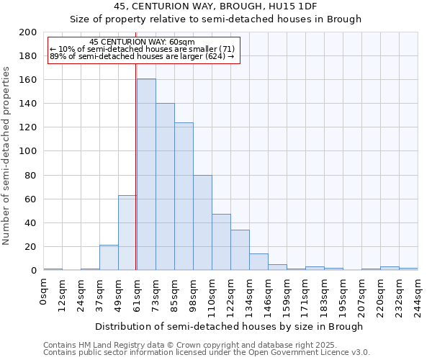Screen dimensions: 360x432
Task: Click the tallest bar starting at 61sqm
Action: tap(146, 174)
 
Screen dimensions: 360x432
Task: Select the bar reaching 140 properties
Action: tap(165, 186)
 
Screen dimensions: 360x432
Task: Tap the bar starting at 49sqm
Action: tap(127, 233)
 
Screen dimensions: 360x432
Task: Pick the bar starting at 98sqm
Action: tap(202, 222)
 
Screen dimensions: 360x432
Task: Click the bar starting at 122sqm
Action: tap(240, 250)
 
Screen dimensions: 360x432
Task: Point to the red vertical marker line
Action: tap(136, 166)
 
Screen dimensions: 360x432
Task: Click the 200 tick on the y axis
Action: tap(28, 32)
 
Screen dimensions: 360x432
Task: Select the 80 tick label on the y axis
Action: tap(31, 175)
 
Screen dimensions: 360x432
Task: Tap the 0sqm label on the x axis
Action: tap(44, 290)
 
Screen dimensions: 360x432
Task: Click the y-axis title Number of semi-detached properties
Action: tap(7, 156)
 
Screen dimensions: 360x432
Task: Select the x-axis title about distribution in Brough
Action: tap(229, 326)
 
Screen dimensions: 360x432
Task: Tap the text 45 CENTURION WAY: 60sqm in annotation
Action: tap(137, 42)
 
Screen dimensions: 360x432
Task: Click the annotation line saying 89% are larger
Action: tap(142, 56)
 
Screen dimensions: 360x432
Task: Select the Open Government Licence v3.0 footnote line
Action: tap(206, 352)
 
